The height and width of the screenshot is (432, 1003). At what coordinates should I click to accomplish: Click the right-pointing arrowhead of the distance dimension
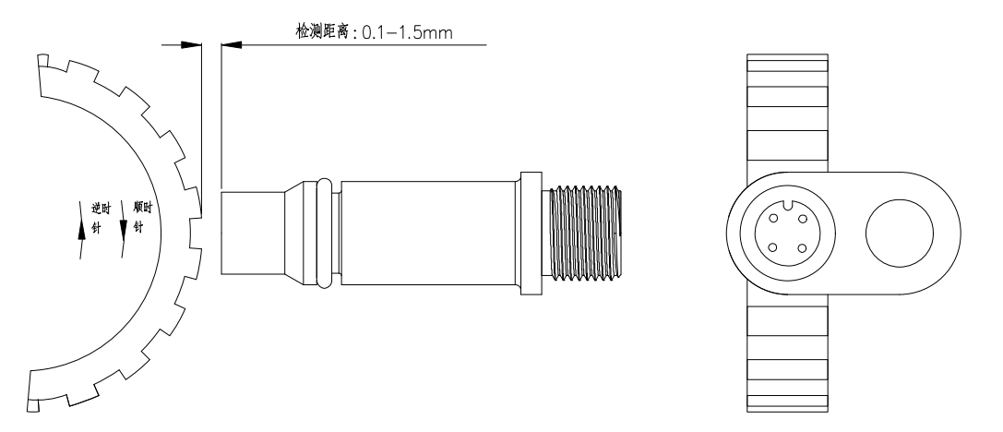click(190, 43)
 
